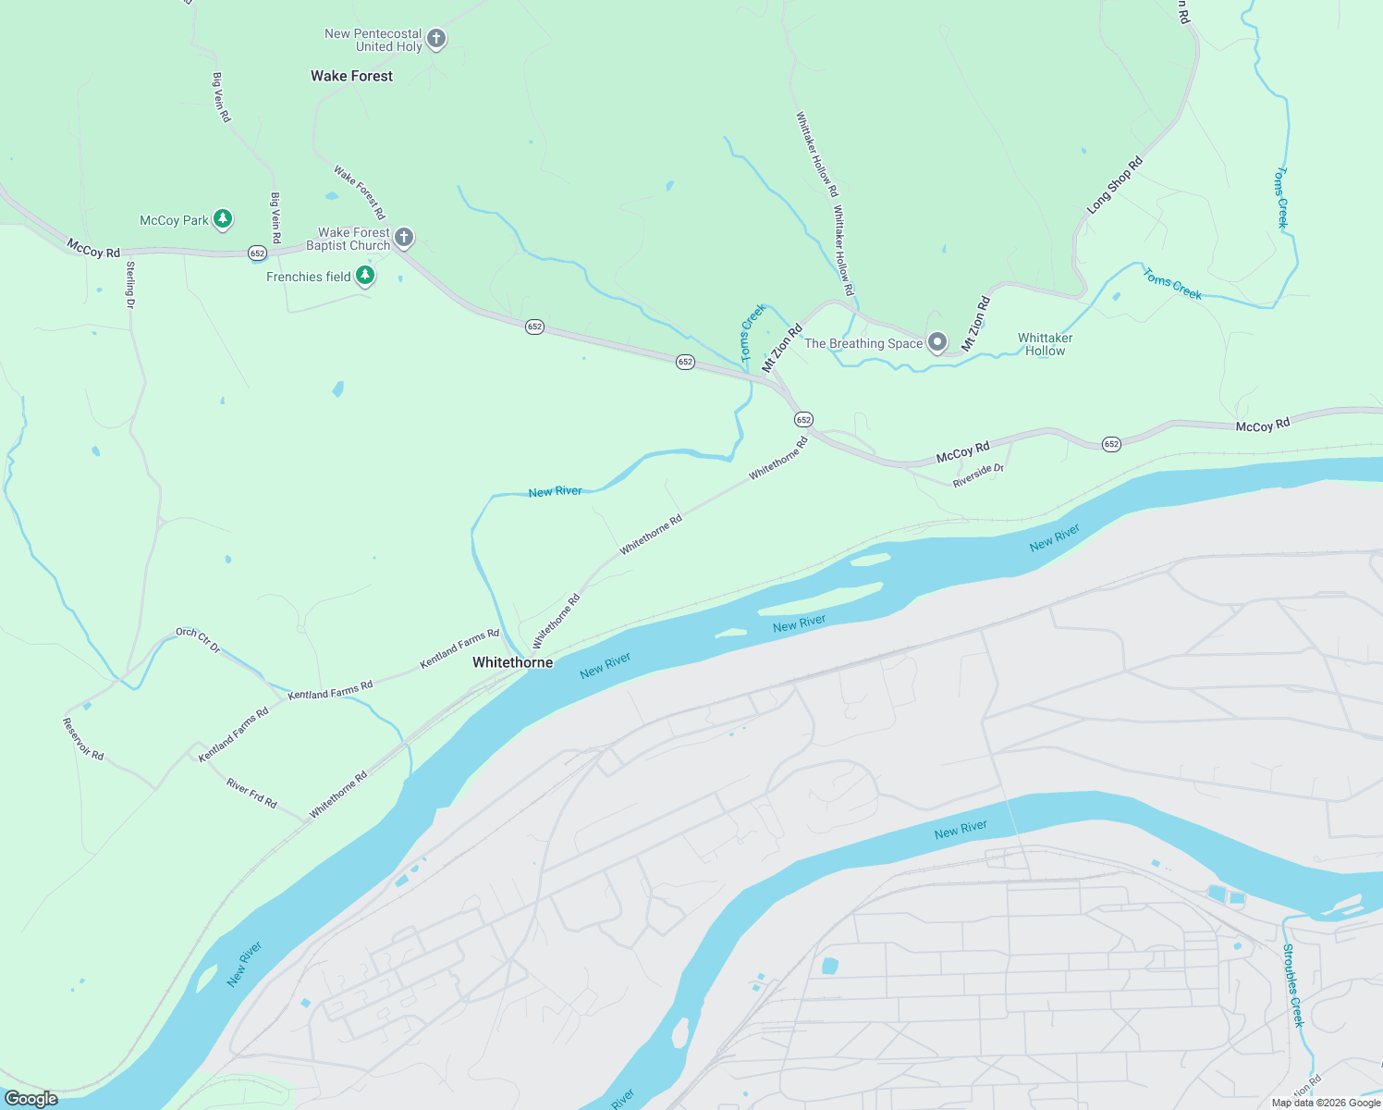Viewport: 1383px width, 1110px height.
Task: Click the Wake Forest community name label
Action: coord(351,76)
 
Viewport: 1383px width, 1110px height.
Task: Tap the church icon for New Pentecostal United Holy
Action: coord(436,39)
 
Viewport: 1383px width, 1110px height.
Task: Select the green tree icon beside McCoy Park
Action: coord(222,219)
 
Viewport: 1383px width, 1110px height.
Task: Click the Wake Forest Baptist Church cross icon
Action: coord(403,237)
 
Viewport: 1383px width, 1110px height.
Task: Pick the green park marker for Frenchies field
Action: coord(365,275)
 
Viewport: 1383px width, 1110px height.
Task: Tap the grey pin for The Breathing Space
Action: coord(936,342)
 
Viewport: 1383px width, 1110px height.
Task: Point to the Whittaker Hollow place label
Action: coord(1045,344)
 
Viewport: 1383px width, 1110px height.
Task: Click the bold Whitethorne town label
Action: coord(512,662)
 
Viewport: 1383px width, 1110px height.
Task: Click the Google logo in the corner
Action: coord(31,1099)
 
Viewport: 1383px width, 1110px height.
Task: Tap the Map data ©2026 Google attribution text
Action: coord(1325,1103)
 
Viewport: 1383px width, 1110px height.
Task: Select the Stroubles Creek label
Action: coord(1292,985)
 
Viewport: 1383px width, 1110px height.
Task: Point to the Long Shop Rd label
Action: coord(1115,185)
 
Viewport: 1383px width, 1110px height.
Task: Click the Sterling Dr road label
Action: coord(130,285)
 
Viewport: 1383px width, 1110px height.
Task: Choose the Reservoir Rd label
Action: coord(83,738)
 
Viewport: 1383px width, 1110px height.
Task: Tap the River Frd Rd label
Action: coord(251,793)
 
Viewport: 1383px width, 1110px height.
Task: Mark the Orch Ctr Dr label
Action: coord(199,639)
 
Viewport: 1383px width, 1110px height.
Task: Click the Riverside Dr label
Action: coord(978,475)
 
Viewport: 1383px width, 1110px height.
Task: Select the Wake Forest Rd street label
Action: coord(360,191)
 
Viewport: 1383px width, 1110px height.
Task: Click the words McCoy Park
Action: coord(174,220)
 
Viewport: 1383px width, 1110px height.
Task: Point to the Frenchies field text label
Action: coord(308,277)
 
